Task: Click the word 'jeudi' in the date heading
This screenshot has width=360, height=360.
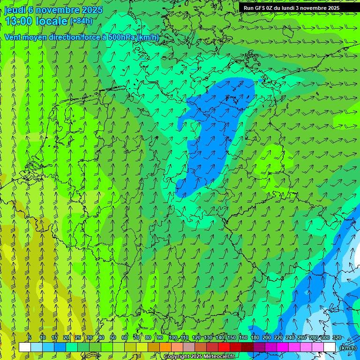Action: point(15,10)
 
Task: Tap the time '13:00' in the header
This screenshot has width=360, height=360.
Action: point(18,21)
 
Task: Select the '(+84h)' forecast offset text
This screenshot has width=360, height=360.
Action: point(81,21)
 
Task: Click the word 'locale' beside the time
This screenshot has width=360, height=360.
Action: point(52,21)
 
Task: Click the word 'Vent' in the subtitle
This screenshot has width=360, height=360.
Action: point(13,37)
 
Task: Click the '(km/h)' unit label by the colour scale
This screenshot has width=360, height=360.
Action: point(347,348)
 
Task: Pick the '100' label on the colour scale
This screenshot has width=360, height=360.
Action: point(173,338)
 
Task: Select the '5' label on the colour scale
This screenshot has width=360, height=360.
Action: point(30,338)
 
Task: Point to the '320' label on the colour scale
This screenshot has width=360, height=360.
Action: point(337,338)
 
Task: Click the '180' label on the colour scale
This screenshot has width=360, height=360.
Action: point(255,338)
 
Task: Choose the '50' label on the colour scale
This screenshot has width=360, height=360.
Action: point(113,338)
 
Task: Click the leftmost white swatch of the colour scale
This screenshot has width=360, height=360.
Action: point(25,347)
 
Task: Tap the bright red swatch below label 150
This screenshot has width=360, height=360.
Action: point(224,347)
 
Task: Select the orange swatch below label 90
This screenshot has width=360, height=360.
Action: point(165,347)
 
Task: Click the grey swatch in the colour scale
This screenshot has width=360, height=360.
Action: point(189,347)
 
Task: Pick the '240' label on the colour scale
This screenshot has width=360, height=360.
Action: point(290,338)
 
